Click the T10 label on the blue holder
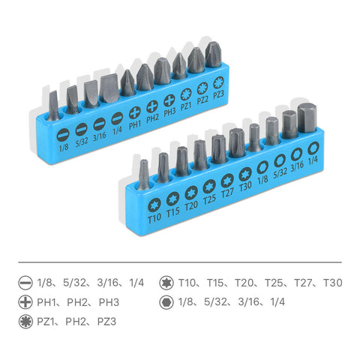[154, 218]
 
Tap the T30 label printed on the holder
[245, 186]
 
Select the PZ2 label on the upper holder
[202, 100]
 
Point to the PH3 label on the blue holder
[169, 112]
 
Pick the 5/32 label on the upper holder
[82, 142]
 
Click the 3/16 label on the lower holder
[297, 166]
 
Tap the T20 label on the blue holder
[191, 205]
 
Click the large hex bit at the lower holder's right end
[307, 118]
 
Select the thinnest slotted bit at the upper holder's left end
[53, 106]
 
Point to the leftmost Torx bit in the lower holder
[144, 175]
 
